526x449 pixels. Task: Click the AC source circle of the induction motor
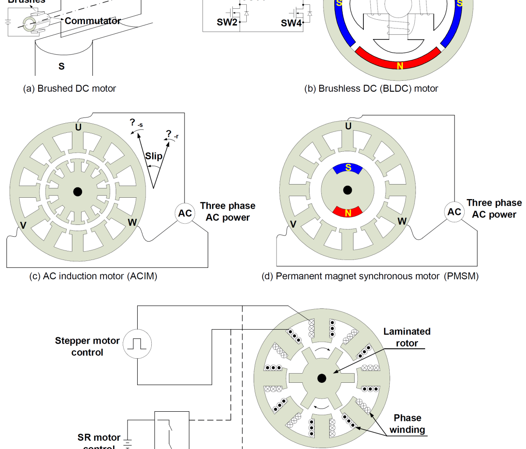coord(185,214)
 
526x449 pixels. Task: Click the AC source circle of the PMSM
coord(454,212)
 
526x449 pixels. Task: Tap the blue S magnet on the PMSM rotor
coord(348,168)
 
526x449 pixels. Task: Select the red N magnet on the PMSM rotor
coord(348,212)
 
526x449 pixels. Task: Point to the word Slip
coord(154,156)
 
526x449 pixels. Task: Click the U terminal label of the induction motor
coord(78,127)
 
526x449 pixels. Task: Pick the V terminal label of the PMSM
coord(293,224)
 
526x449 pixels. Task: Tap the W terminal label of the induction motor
coord(132,222)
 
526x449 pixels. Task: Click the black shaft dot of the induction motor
coord(78,192)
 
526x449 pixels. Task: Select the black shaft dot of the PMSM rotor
coord(348,190)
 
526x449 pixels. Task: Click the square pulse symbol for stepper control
coord(137,344)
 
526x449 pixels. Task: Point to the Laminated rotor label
coord(407,337)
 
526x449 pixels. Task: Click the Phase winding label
coord(407,424)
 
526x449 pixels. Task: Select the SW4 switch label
coord(291,23)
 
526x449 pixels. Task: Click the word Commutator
coord(92,21)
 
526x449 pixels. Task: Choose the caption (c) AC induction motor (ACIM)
coord(93,276)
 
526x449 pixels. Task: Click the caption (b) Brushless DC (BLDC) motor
coord(371,89)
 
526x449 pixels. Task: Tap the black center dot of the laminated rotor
coord(322,378)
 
